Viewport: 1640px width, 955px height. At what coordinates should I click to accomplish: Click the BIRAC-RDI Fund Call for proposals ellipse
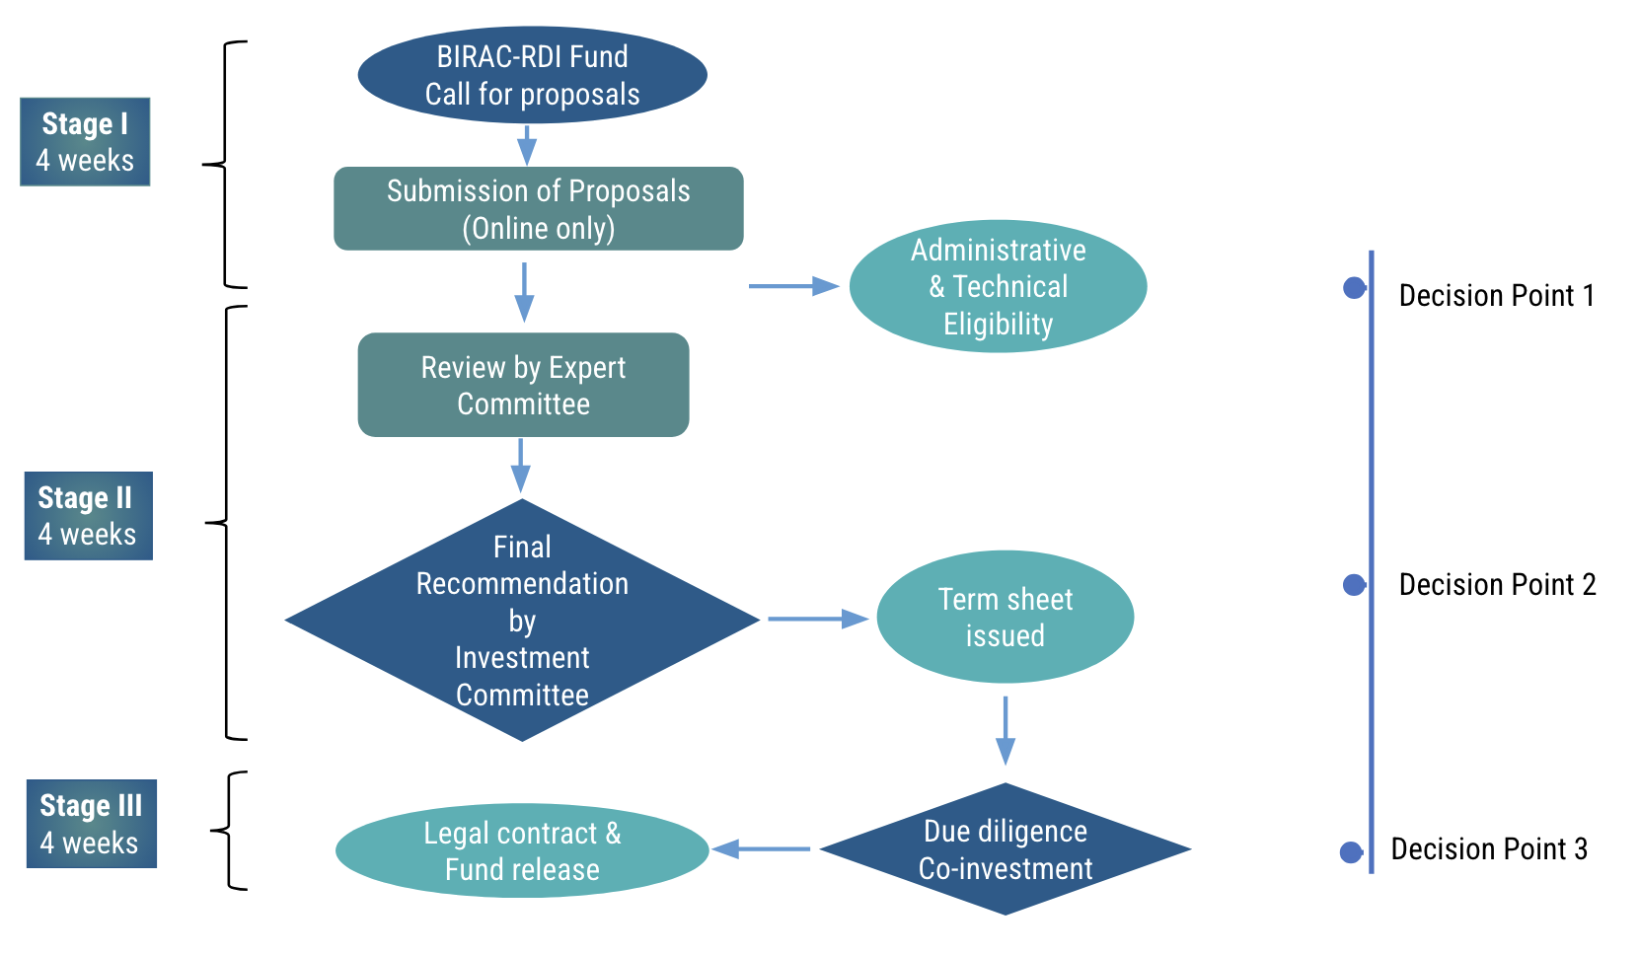click(x=532, y=75)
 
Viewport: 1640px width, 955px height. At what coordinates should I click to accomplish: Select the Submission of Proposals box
click(x=538, y=209)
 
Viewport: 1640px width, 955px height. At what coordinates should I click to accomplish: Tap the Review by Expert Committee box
click(x=523, y=385)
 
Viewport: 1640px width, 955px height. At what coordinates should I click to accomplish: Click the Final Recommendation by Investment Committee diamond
click(x=522, y=620)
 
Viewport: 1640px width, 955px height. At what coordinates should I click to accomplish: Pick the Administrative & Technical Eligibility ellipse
click(x=998, y=286)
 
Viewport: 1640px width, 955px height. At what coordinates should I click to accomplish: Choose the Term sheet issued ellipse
click(x=1005, y=617)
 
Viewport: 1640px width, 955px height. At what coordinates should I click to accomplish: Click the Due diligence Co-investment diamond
click(x=1005, y=849)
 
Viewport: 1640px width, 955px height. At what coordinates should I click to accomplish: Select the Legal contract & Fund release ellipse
click(x=522, y=850)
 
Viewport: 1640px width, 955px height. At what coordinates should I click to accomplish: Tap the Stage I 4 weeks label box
click(x=85, y=142)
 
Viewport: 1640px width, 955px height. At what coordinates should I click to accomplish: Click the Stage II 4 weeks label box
click(x=88, y=516)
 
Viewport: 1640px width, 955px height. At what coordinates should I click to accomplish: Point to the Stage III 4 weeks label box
click(x=91, y=824)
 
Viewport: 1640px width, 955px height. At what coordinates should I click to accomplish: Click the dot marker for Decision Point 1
click(x=1354, y=288)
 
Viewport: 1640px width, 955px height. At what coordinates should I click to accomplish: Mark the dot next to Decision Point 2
click(x=1354, y=585)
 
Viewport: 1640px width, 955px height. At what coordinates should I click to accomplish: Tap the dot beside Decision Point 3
click(x=1351, y=852)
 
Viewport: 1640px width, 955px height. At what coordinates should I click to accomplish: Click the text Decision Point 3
click(x=1488, y=849)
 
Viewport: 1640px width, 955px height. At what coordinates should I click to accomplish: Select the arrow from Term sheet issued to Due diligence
click(x=1005, y=730)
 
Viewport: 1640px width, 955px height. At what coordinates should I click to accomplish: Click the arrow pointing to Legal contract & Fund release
click(x=761, y=848)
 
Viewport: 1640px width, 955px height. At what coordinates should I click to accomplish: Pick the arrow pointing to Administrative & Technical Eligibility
click(x=793, y=286)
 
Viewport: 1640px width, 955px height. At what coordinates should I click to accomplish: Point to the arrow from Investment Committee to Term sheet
click(x=817, y=619)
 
